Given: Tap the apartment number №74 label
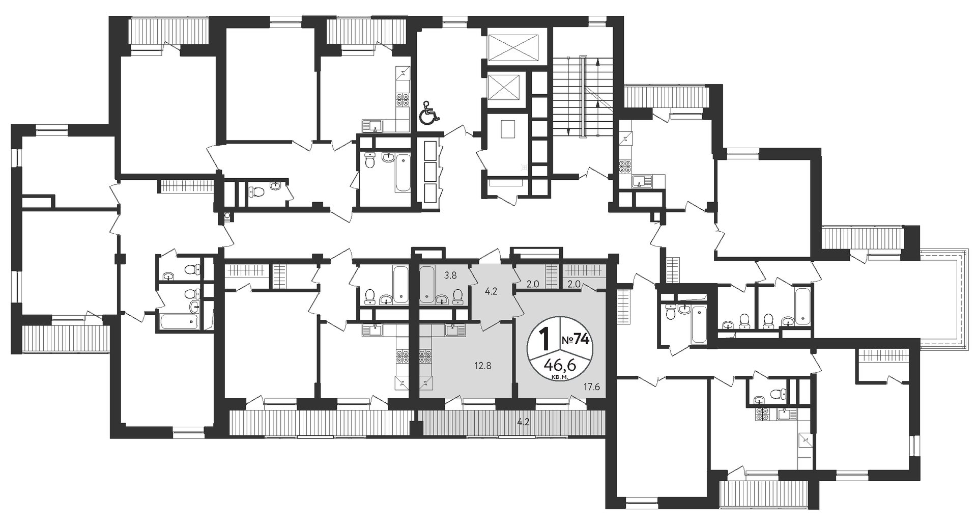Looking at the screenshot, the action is click(577, 340).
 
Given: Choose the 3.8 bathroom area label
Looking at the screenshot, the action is click(450, 275).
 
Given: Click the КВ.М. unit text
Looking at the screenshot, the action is click(559, 377).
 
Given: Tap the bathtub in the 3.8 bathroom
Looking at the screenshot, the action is click(426, 282).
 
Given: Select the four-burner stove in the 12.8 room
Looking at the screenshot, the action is click(425, 356).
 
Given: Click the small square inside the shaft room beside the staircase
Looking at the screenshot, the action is click(508, 128).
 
